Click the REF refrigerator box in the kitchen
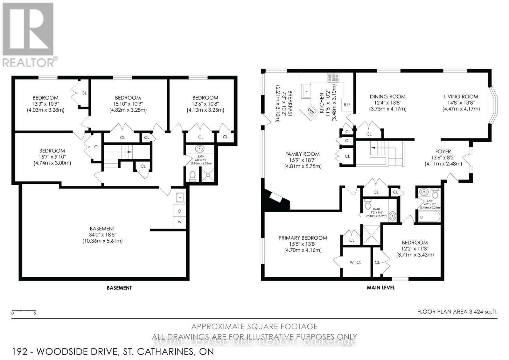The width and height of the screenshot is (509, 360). (347, 104)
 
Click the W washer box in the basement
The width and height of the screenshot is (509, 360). (179, 222)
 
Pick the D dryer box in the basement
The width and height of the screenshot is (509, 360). (179, 211)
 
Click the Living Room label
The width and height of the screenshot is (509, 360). (461, 96)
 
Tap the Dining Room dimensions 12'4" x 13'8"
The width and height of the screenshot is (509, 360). (387, 103)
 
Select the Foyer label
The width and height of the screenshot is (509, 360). (443, 152)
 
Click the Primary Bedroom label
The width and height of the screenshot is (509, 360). (303, 238)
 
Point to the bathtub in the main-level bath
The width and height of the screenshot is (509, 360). (429, 217)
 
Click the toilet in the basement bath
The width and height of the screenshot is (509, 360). (192, 175)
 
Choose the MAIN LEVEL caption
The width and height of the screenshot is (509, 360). (380, 287)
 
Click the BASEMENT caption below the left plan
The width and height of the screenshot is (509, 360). (119, 288)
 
